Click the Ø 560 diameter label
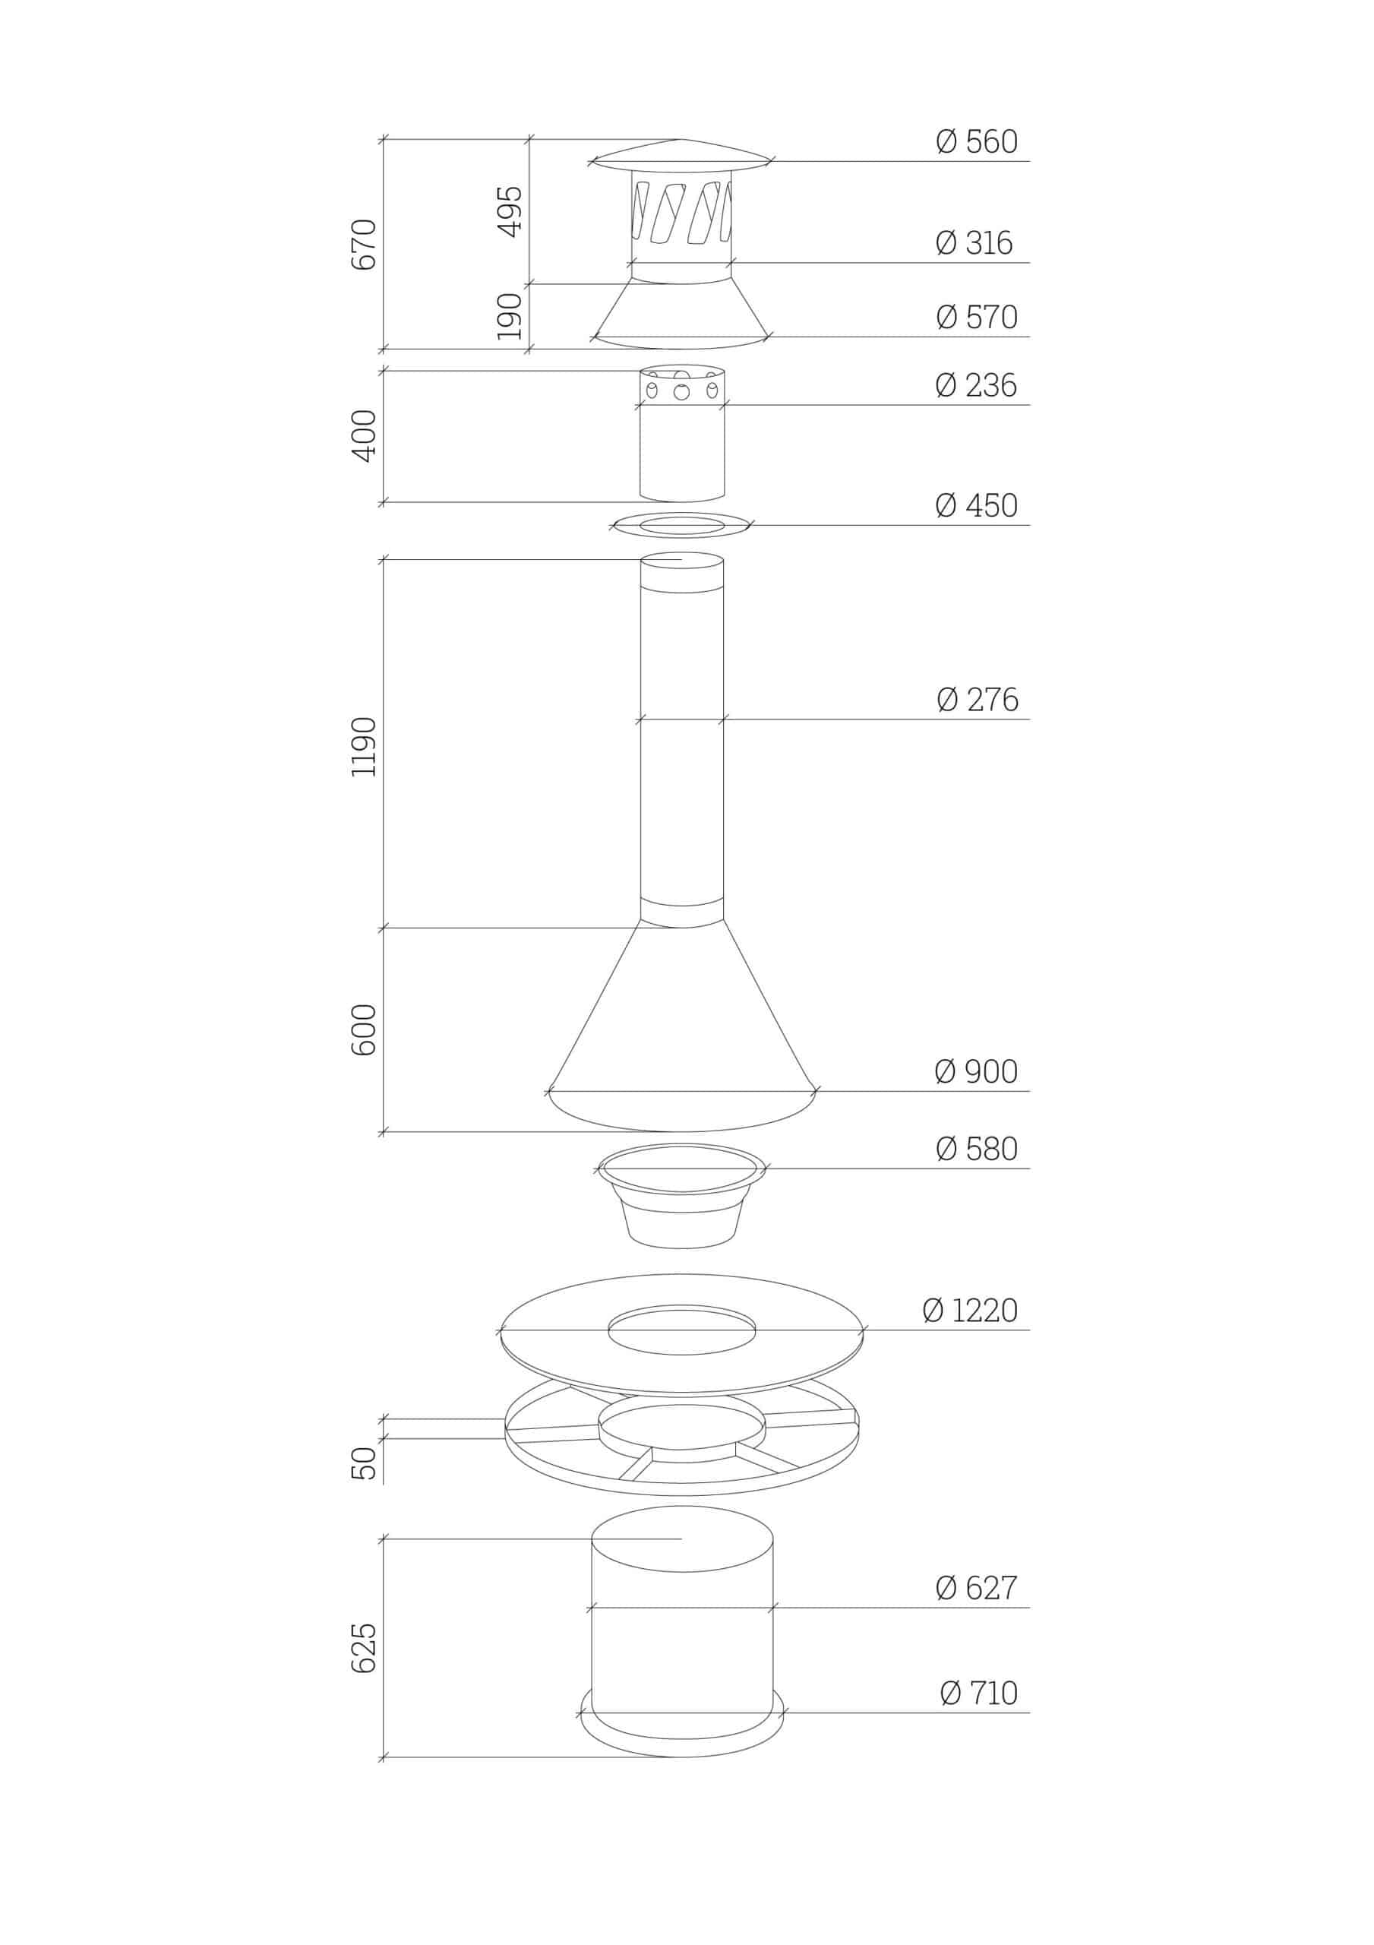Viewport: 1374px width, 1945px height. [x=977, y=141]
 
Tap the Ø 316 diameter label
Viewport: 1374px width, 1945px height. [x=974, y=243]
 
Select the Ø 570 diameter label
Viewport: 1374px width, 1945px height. [x=977, y=317]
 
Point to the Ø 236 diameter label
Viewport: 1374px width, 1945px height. [x=976, y=385]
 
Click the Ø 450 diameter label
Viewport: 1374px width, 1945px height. [x=976, y=506]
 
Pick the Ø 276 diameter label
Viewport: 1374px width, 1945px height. [x=978, y=700]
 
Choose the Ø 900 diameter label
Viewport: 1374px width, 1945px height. [x=976, y=1071]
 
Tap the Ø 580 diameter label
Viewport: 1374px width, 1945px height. [x=977, y=1149]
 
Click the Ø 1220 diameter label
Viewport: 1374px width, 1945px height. [x=970, y=1311]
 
